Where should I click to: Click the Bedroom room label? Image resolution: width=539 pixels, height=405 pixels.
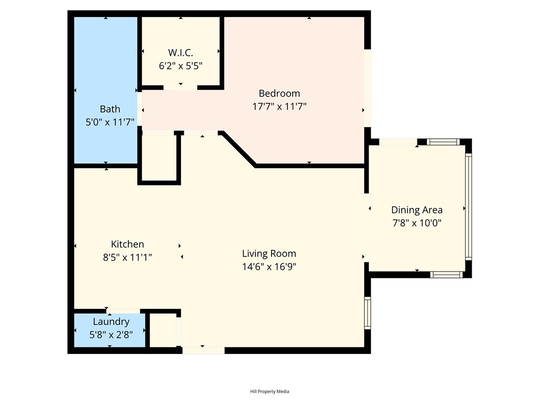[x=279, y=93]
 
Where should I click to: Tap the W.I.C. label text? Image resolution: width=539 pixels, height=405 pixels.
[x=181, y=53]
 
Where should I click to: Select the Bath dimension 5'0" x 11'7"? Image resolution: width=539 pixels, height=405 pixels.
[x=109, y=122]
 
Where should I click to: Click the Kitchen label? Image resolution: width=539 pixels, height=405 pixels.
[x=127, y=244]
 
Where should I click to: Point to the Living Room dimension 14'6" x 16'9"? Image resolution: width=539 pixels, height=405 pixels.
[x=269, y=266]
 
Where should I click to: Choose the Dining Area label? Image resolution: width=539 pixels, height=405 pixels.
[x=417, y=210]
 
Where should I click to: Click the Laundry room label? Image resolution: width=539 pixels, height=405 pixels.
[x=111, y=322]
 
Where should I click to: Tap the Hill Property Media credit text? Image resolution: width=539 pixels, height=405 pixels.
[x=269, y=391]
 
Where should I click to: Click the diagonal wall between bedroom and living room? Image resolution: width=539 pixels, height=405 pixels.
[x=238, y=149]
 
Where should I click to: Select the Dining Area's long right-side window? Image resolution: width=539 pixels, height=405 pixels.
[x=468, y=206]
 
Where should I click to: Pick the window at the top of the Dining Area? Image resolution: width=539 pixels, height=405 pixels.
[x=443, y=142]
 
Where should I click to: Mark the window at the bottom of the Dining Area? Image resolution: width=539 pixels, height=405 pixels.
[x=446, y=274]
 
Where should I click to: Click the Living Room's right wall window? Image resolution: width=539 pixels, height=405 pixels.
[x=367, y=313]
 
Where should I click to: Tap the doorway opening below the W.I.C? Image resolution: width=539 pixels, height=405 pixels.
[x=180, y=88]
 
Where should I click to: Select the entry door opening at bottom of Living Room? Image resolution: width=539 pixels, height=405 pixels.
[x=203, y=350]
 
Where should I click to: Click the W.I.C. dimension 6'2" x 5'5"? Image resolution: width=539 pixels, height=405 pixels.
[x=181, y=66]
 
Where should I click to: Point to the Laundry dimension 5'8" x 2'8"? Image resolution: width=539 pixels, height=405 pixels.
[x=111, y=335]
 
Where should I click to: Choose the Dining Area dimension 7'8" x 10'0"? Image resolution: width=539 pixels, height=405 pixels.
[x=417, y=223]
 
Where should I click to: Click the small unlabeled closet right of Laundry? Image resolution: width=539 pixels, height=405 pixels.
[x=163, y=330]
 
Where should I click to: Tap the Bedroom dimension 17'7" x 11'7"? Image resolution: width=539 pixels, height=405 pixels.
[x=279, y=107]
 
